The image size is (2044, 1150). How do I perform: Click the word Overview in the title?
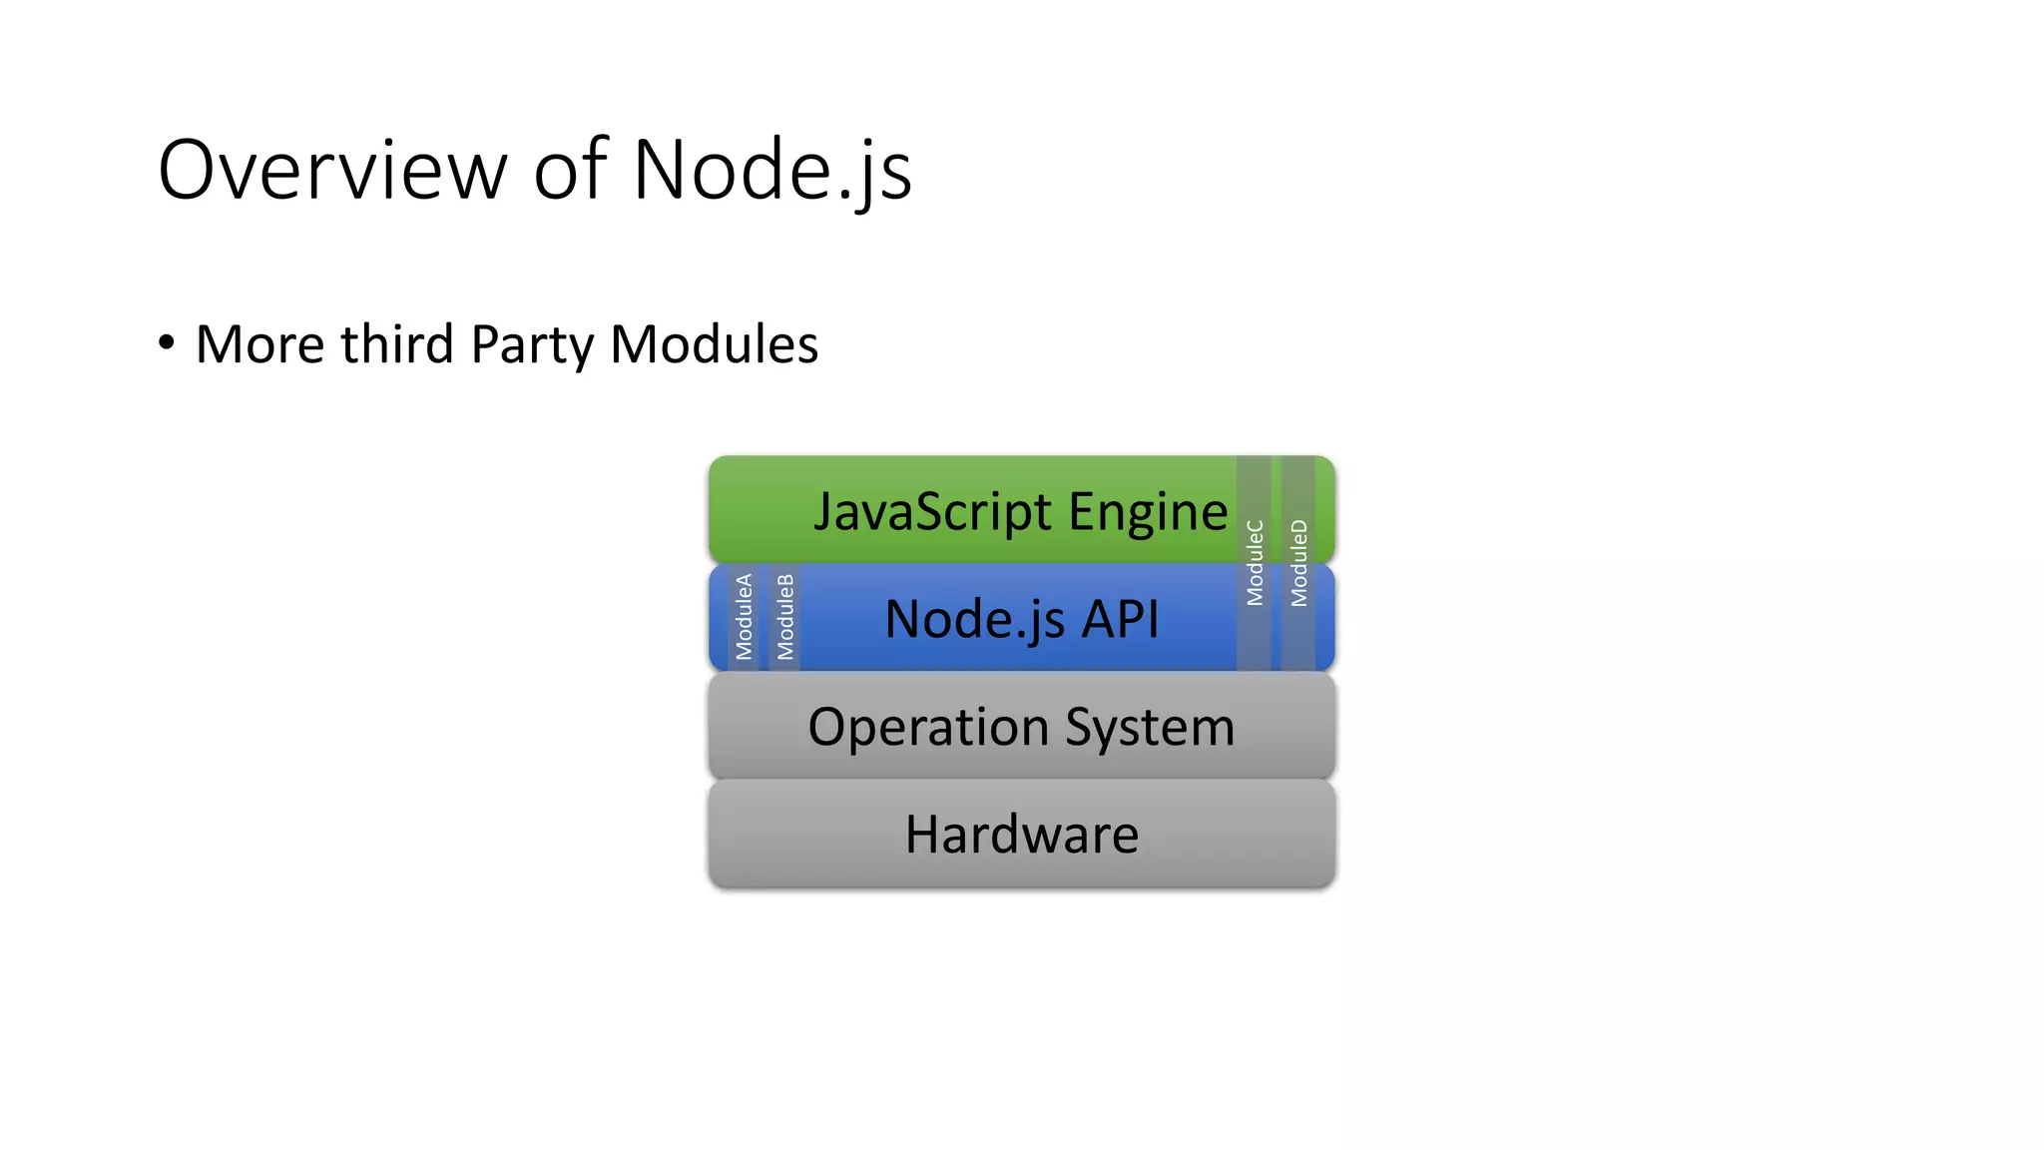click(332, 170)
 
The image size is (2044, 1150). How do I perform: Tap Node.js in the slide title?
click(771, 170)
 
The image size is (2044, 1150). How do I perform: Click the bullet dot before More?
click(167, 342)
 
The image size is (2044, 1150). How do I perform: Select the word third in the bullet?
click(396, 344)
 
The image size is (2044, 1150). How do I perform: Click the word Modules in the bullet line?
click(714, 344)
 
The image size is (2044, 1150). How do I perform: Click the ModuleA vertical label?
click(744, 616)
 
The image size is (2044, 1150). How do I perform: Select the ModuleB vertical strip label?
click(785, 616)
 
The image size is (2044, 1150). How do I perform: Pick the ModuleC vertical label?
click(1255, 562)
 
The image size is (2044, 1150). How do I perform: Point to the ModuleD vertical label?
click(1298, 562)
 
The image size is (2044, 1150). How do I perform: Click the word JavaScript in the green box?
click(933, 512)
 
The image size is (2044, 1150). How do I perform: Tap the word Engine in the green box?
click(1148, 512)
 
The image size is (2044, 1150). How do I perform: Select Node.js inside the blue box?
click(975, 619)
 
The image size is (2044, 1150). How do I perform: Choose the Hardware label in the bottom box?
click(1021, 835)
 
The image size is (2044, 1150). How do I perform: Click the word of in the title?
click(570, 170)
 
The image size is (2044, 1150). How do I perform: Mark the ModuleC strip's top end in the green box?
click(1255, 465)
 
